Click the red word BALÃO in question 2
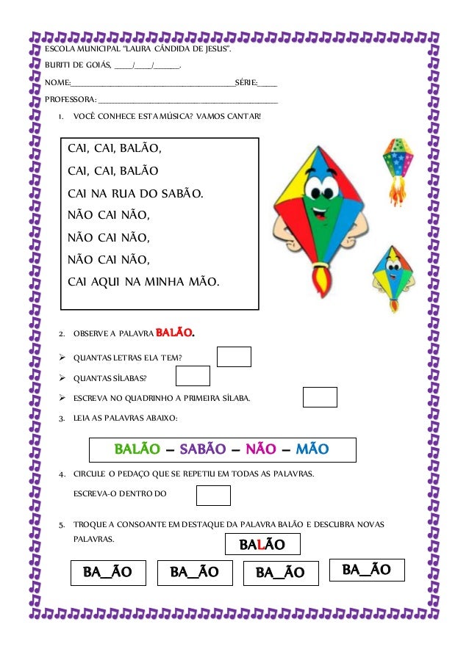tap(174, 335)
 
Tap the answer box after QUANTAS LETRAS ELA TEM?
tap(234, 357)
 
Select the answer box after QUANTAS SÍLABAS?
tap(193, 376)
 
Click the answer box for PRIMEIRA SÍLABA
tap(320, 397)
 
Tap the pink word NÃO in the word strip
tap(260, 449)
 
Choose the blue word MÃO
tap(312, 449)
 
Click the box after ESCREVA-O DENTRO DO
tap(213, 496)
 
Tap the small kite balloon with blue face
tap(393, 275)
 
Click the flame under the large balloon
tap(321, 279)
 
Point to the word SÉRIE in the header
tap(246, 82)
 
